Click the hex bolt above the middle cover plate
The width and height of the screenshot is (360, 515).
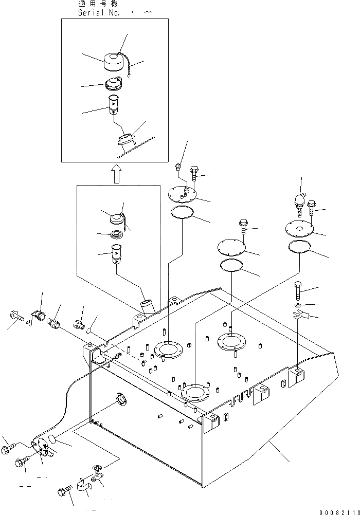(244, 224)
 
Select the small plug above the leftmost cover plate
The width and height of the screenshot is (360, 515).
(177, 166)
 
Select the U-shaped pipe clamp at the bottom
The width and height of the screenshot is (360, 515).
(82, 486)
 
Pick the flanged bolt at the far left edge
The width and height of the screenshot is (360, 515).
(15, 317)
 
